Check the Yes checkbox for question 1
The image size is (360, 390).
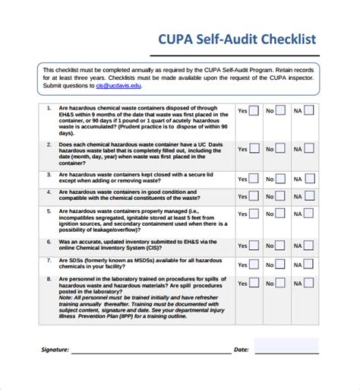[x=254, y=111]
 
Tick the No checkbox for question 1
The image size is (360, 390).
[x=281, y=111]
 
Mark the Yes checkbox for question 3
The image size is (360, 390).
[x=254, y=179]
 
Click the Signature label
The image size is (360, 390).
[x=55, y=350]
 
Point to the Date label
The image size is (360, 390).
[x=241, y=350]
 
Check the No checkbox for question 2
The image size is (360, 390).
[x=281, y=149]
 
